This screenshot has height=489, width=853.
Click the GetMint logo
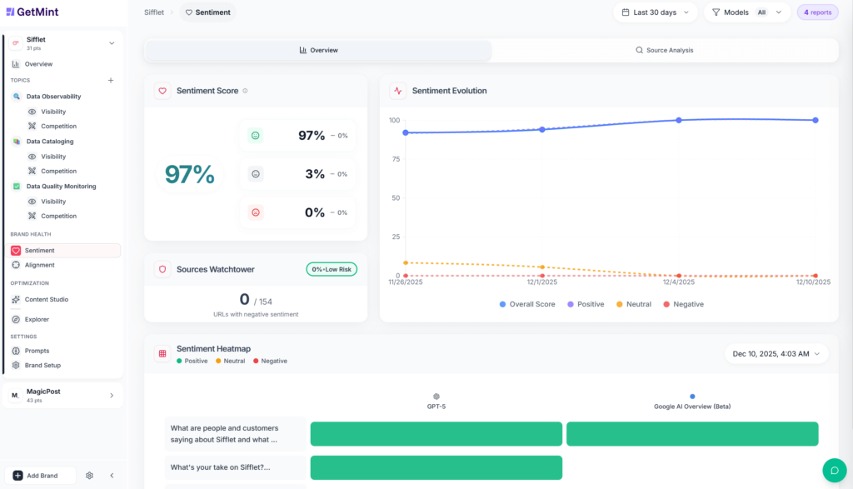(x=32, y=12)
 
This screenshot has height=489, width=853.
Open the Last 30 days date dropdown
(x=656, y=12)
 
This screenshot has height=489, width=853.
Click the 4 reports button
(x=817, y=12)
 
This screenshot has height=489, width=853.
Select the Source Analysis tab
(x=664, y=50)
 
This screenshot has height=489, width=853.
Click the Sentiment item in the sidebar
(x=39, y=250)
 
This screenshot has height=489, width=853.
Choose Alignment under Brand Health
(x=39, y=265)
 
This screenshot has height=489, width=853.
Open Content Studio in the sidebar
(x=46, y=299)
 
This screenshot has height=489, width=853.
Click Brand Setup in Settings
(x=42, y=365)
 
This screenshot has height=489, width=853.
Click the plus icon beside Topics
(x=111, y=81)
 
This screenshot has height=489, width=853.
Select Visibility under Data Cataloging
(x=53, y=157)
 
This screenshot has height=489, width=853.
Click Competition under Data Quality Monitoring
(x=58, y=216)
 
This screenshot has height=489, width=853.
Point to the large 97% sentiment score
(x=190, y=174)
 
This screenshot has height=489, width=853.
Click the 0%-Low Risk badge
(x=332, y=269)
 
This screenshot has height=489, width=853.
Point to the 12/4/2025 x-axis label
(x=679, y=282)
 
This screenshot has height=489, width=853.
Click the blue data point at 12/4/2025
(x=679, y=120)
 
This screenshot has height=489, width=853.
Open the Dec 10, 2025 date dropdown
(x=776, y=353)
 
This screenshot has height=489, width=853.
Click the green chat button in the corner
(x=834, y=470)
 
